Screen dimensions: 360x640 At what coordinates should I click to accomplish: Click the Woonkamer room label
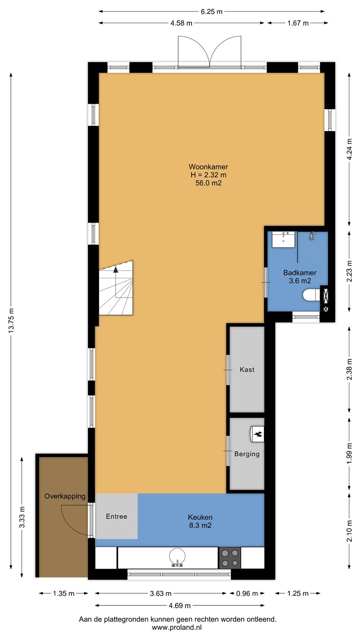click(208, 167)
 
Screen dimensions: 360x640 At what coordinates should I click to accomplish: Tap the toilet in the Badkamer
click(311, 295)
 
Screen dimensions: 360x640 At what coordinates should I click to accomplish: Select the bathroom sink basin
click(283, 240)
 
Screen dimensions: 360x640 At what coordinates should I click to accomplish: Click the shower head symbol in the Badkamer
click(312, 236)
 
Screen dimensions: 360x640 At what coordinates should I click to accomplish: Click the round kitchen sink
click(177, 556)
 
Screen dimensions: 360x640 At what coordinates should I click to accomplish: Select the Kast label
click(247, 369)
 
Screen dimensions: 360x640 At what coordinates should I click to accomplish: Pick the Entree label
click(116, 516)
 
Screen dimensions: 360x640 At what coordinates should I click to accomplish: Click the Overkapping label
click(65, 496)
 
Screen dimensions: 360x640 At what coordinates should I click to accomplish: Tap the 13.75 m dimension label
click(11, 320)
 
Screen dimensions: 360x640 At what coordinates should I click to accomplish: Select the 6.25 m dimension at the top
click(212, 12)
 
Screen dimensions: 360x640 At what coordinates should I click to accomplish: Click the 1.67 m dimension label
click(298, 23)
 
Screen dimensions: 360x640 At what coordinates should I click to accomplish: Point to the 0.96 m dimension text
click(247, 593)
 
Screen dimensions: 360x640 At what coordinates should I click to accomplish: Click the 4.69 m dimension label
click(180, 605)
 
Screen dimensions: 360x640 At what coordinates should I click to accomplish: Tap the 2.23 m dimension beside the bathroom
click(349, 271)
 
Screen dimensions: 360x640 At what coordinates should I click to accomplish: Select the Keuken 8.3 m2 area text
click(200, 521)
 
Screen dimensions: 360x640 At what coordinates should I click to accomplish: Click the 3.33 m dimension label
click(22, 517)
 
